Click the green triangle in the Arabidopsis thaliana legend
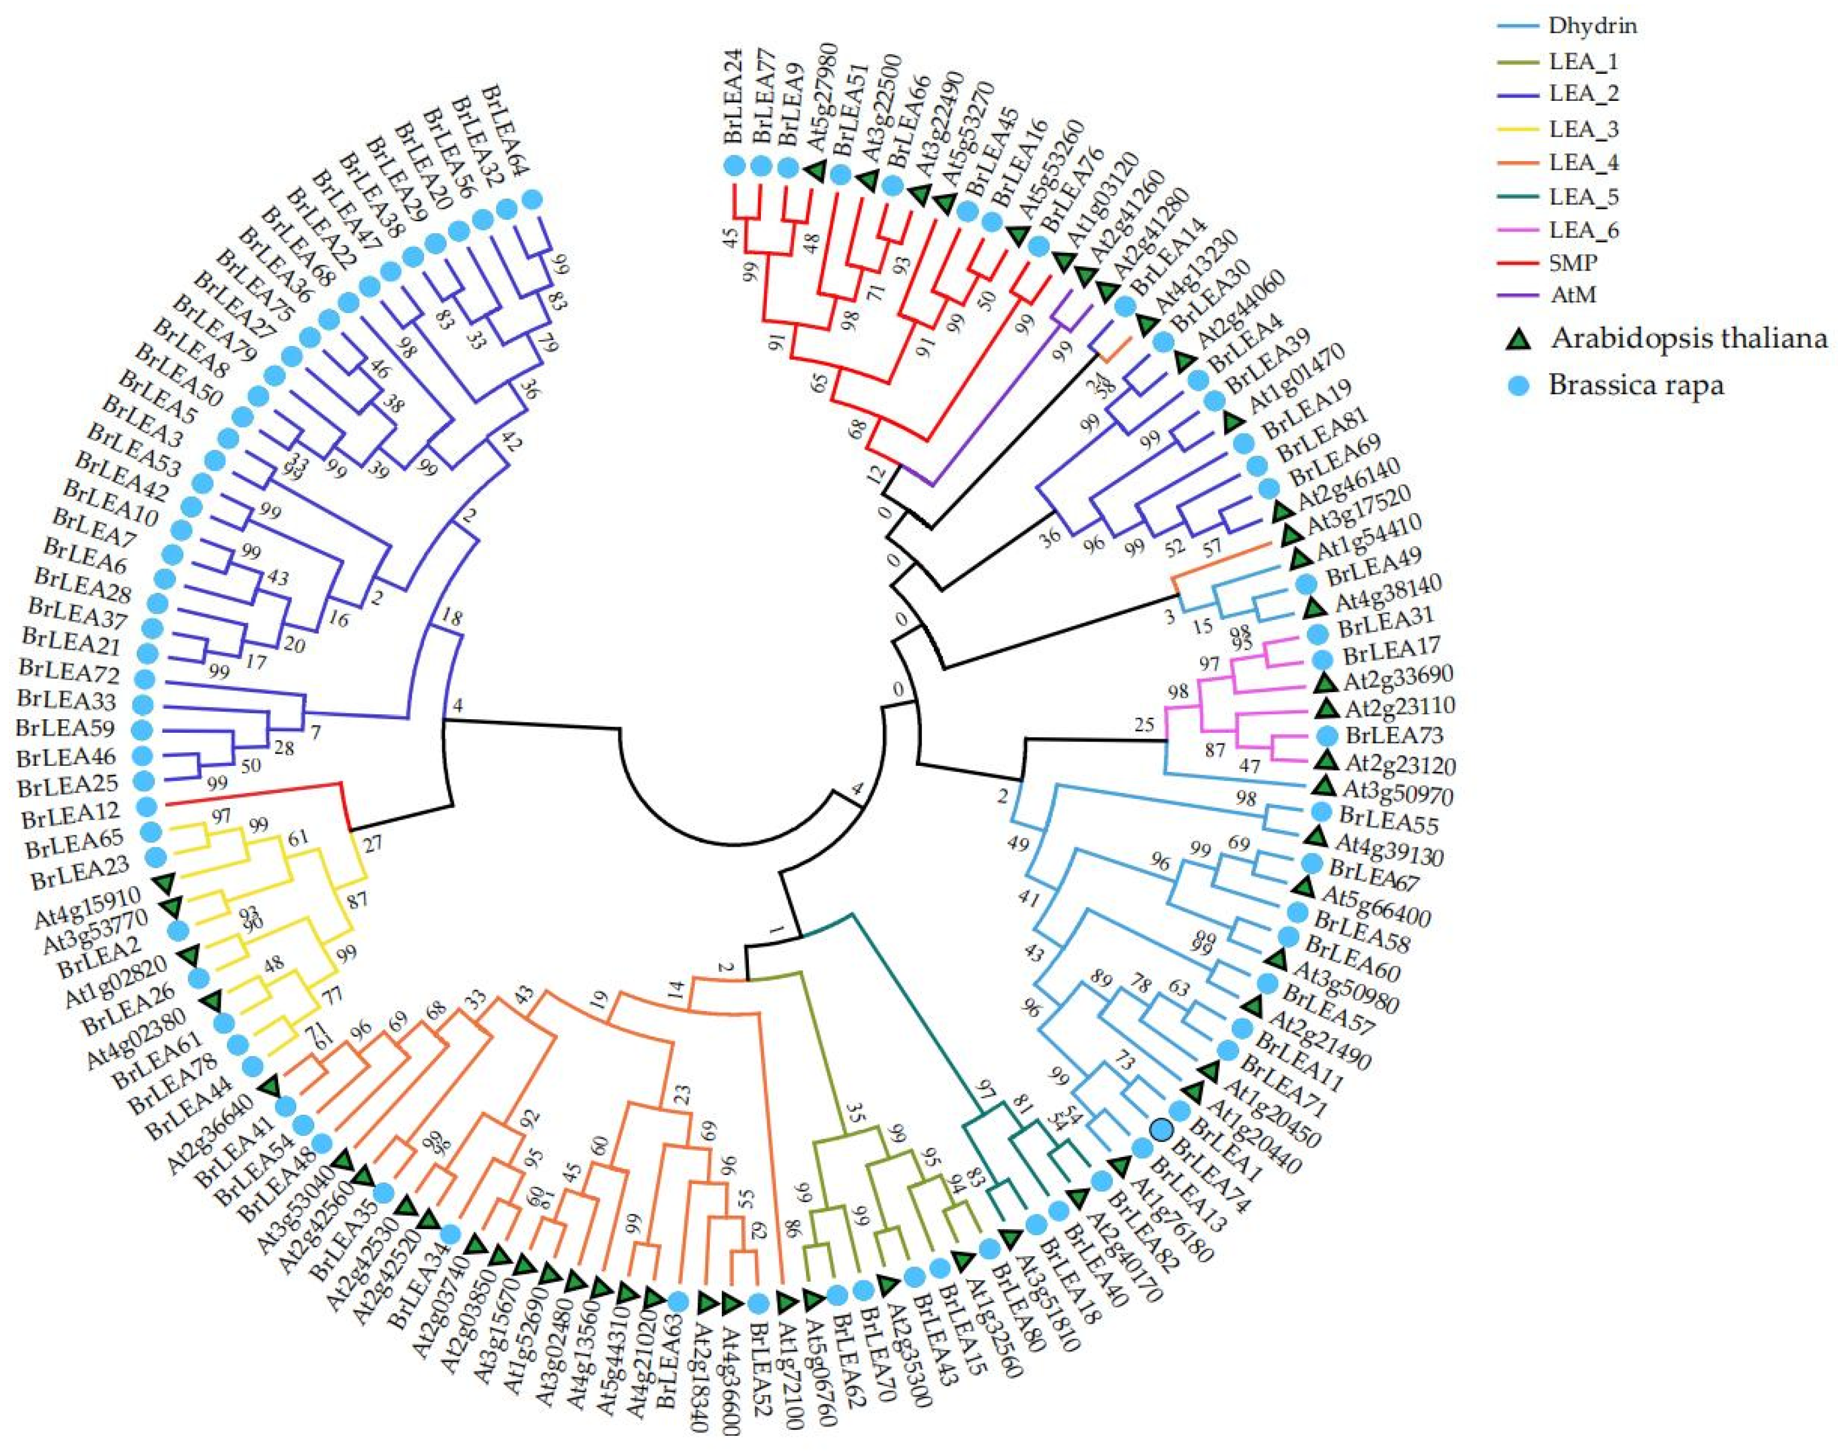pos(1519,339)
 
